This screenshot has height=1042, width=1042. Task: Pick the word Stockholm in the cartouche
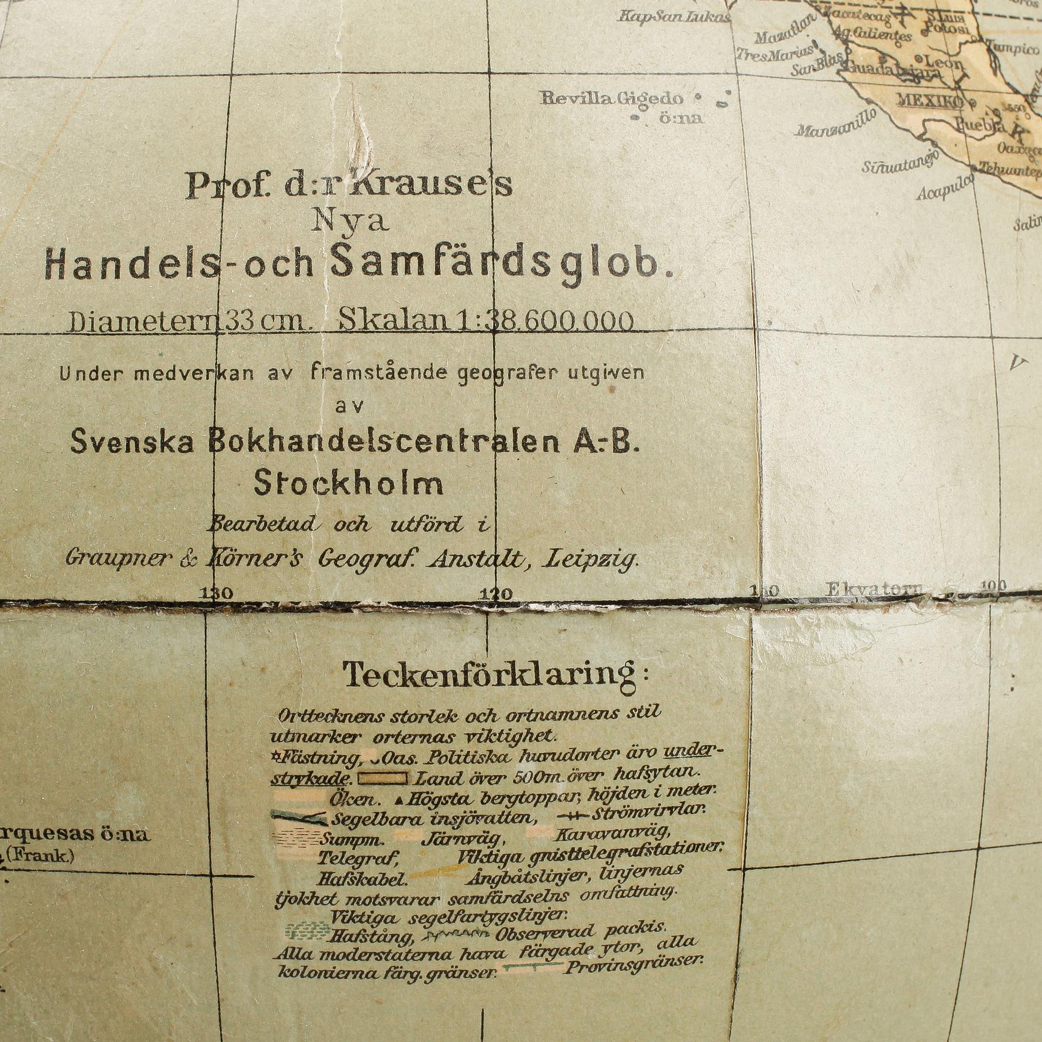349,485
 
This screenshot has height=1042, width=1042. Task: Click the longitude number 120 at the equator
495,594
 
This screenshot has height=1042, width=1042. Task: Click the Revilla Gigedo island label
612,98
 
